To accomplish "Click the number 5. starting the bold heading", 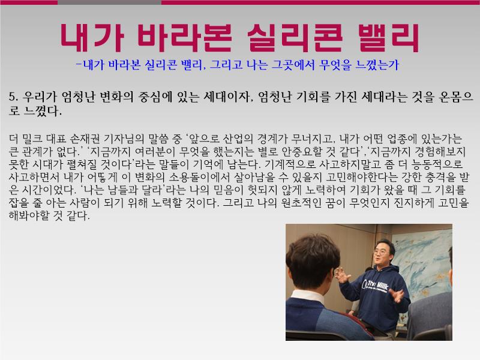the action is pyautogui.click(x=14, y=97).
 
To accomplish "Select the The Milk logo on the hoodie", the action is pyautogui.click(x=375, y=286).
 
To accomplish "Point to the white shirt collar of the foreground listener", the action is pyautogui.click(x=308, y=296).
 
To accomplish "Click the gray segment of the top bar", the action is pyautogui.click(x=109, y=2).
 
